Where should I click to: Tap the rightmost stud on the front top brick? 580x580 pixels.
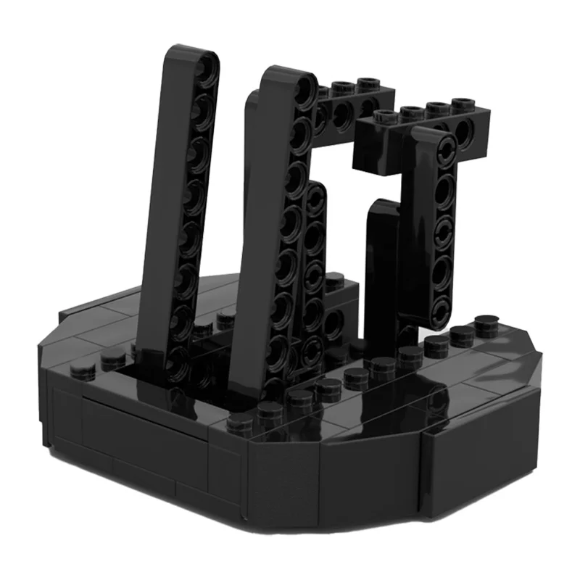coord(464,104)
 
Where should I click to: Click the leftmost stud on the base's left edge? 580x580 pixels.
coord(79,371)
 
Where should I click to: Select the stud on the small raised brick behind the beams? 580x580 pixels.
coord(335,280)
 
